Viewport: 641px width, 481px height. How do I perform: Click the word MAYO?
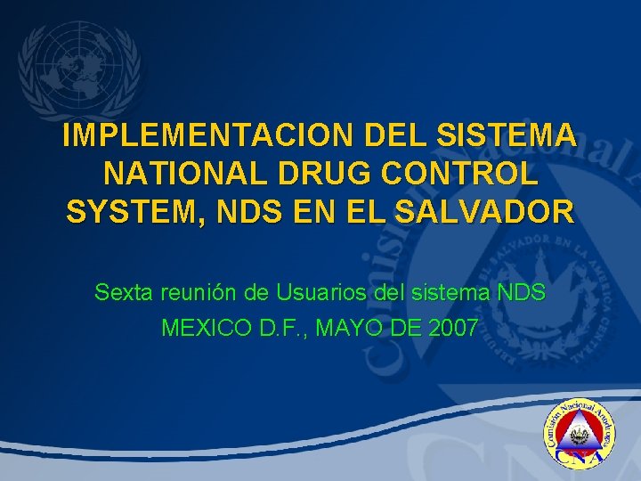352,329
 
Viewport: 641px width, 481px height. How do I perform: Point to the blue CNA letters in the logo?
580,455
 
